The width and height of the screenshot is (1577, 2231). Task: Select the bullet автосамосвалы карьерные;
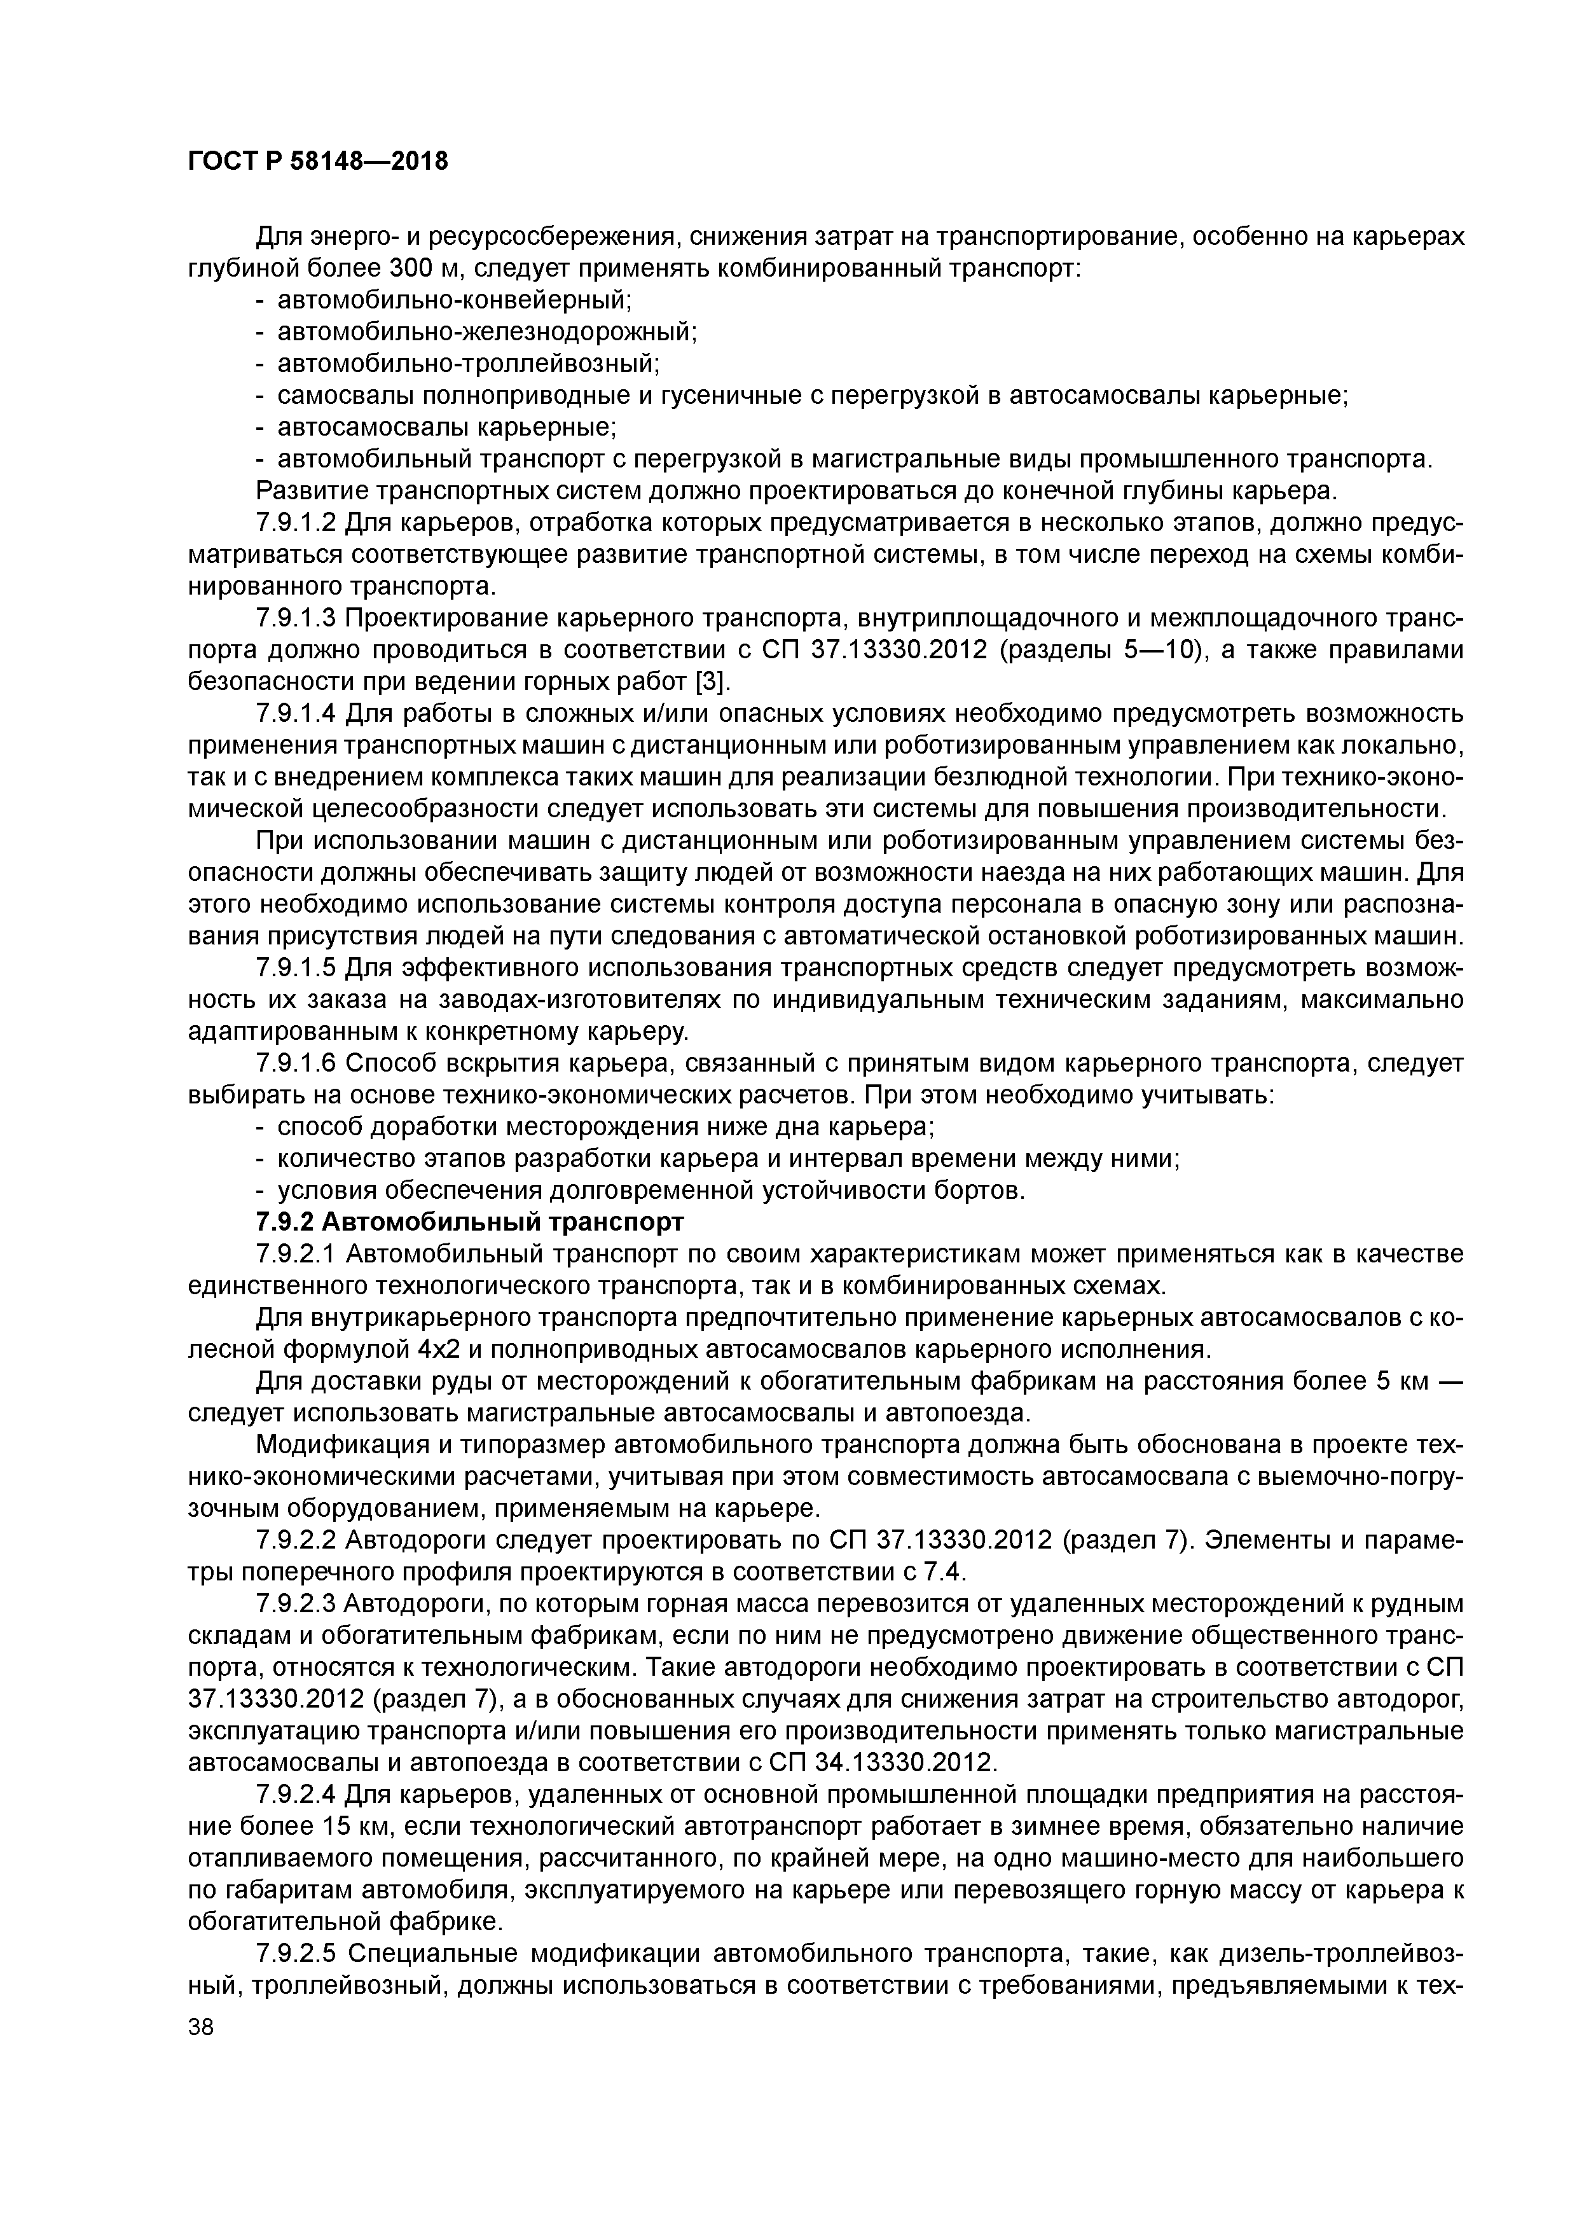click(448, 427)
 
